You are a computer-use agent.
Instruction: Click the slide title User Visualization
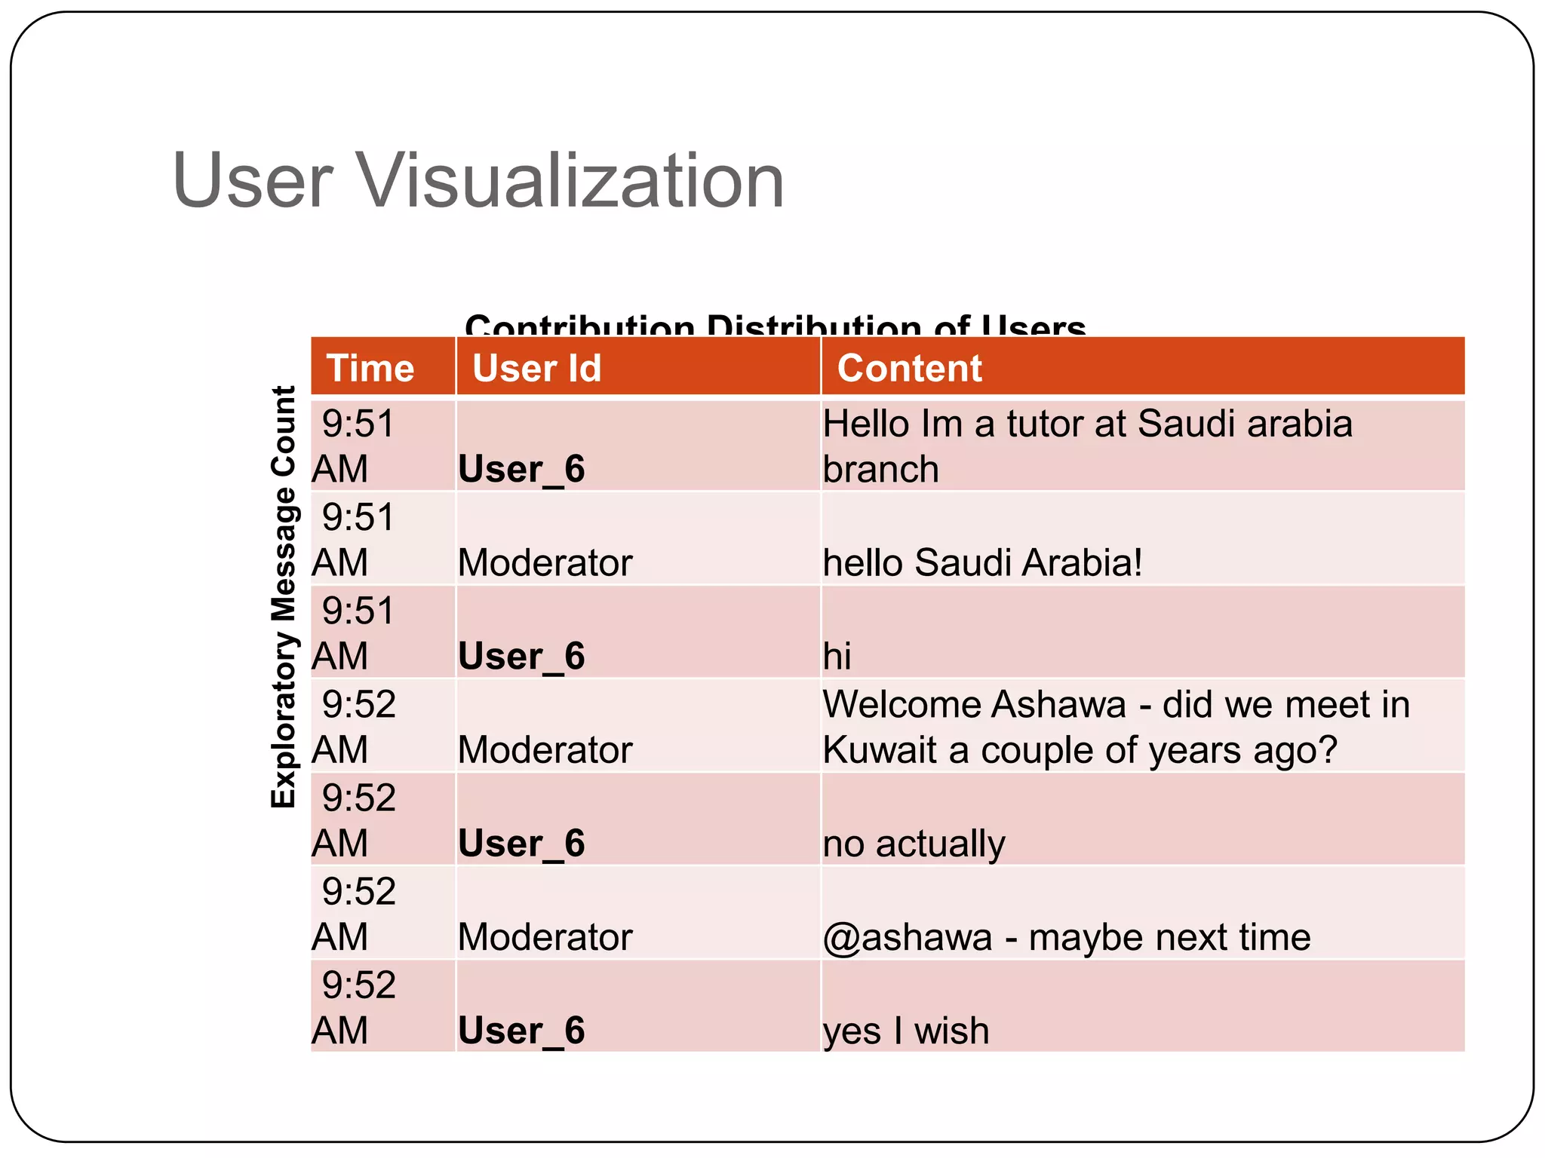coord(478,181)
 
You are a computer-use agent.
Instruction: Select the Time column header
coord(370,368)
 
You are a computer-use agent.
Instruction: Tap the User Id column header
coord(536,368)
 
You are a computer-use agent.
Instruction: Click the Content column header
coord(909,368)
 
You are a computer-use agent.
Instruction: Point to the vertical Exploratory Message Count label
coord(284,597)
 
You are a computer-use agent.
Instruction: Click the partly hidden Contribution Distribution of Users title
coord(775,326)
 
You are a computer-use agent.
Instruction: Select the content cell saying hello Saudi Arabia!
coord(982,562)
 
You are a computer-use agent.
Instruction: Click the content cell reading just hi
coord(837,655)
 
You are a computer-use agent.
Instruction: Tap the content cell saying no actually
coord(914,843)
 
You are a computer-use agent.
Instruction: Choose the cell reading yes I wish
coord(906,1030)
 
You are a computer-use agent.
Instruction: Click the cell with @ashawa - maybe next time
coord(1067,936)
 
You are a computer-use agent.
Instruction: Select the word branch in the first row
coord(880,469)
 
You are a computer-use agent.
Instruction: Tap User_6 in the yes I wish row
coord(521,1030)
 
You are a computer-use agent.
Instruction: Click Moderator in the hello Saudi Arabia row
coord(545,562)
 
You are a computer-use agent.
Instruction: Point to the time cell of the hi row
coord(355,633)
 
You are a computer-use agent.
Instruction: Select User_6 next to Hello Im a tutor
coord(521,469)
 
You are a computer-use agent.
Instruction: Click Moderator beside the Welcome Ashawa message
coord(545,749)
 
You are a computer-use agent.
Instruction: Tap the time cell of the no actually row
coord(355,819)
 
